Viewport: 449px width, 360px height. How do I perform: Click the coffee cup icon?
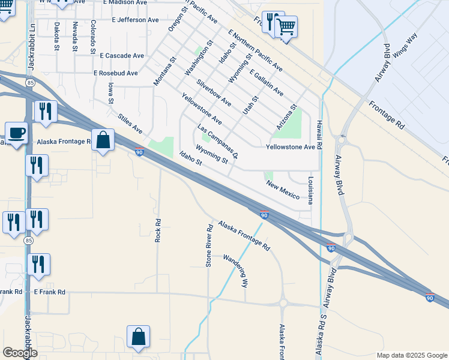tap(16, 133)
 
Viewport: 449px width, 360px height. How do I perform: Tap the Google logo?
tap(20, 353)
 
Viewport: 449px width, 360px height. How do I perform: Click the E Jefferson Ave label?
tap(135, 20)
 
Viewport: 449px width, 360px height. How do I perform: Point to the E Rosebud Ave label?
tap(115, 73)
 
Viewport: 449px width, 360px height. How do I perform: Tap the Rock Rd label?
tap(158, 230)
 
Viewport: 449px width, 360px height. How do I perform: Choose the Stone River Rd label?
tap(209, 246)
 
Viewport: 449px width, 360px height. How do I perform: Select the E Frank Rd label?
tap(49, 292)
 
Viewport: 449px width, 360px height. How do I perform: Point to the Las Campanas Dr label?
tap(218, 142)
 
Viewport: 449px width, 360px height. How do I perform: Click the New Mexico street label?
tap(283, 191)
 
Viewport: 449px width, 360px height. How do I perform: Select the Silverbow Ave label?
tap(214, 93)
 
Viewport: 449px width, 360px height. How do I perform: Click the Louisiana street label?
tap(310, 191)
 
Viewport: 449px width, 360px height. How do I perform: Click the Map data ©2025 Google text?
tap(411, 355)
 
